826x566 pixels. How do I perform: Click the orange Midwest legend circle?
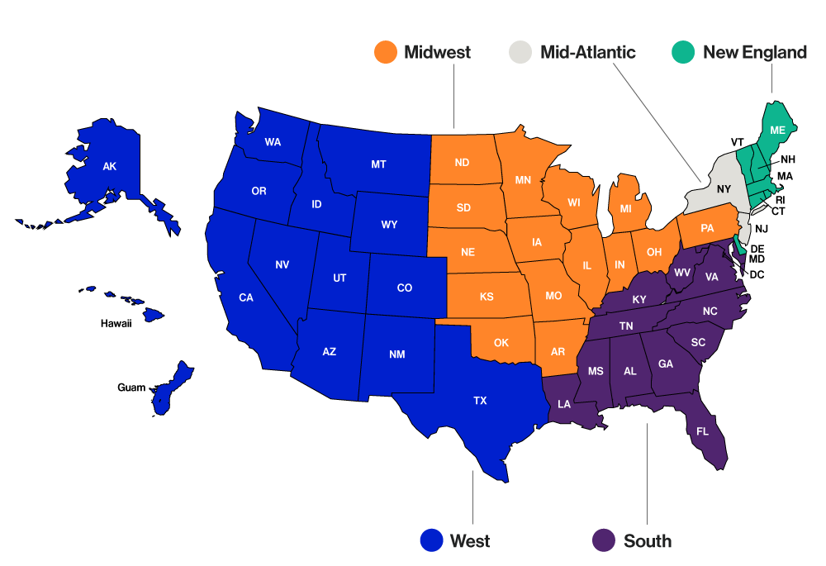[x=386, y=52]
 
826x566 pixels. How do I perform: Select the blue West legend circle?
[x=431, y=540]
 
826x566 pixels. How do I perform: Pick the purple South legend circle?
[x=605, y=540]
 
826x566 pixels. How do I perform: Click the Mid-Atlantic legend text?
[x=587, y=52]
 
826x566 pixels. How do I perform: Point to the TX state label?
[x=480, y=401]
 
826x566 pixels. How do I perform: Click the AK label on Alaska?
[x=110, y=167]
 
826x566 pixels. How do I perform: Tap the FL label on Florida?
[x=703, y=431]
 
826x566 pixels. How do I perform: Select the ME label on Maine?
[x=777, y=130]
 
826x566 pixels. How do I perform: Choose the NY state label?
[x=724, y=189]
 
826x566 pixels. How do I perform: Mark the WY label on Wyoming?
[x=389, y=225]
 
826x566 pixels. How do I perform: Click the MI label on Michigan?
[x=626, y=209]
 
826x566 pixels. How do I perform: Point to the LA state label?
[x=564, y=404]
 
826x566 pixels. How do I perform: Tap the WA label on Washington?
[x=273, y=142]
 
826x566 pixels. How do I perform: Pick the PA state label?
[x=707, y=228]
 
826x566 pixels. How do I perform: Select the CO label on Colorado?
[x=404, y=288]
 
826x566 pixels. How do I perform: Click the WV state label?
[x=682, y=272]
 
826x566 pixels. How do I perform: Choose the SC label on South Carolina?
[x=698, y=342]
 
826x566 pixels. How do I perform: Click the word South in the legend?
[x=647, y=541]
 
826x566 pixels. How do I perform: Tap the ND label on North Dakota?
[x=462, y=162]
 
